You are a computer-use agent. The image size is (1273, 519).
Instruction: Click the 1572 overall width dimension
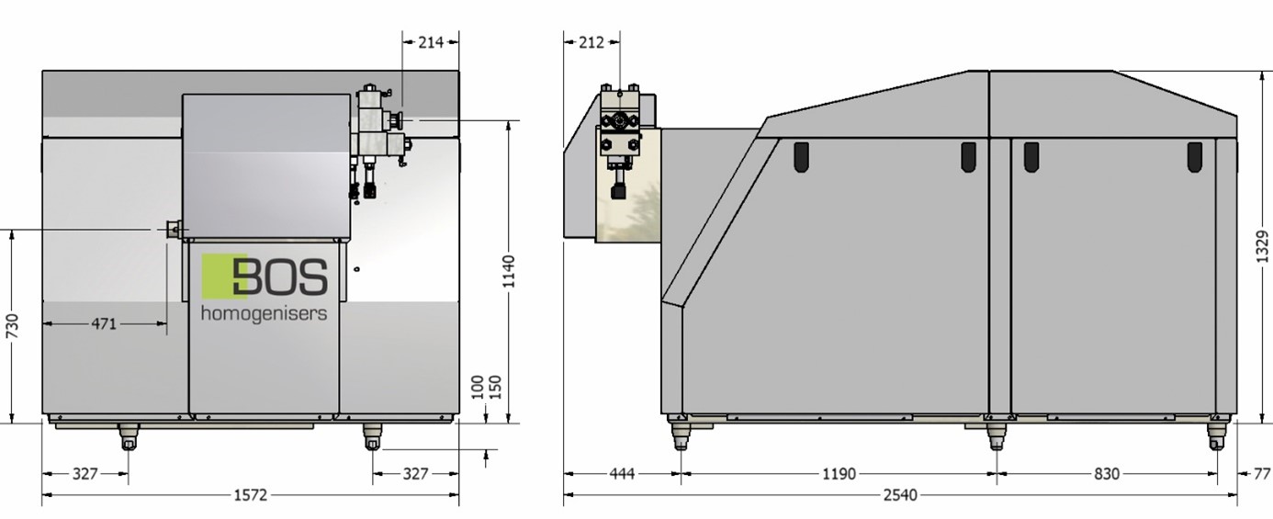click(x=251, y=495)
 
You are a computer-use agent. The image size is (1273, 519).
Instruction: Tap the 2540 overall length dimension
click(x=900, y=495)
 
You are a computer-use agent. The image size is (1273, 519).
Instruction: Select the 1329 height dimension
click(x=1262, y=246)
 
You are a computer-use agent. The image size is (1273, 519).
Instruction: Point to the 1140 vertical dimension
click(x=509, y=271)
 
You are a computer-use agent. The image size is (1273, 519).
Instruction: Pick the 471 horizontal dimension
click(x=104, y=324)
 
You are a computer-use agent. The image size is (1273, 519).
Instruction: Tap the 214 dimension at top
click(x=431, y=42)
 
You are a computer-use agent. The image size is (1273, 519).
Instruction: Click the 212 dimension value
click(x=591, y=42)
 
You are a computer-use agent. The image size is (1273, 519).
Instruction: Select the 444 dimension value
click(x=622, y=473)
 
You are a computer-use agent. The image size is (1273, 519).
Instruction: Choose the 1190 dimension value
click(x=839, y=473)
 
